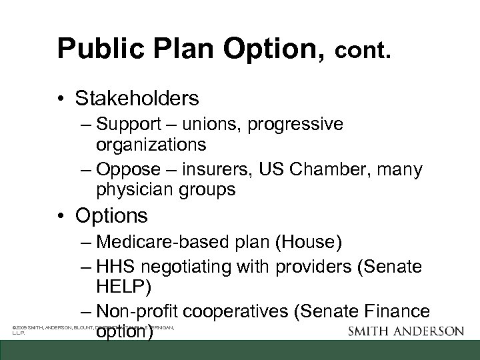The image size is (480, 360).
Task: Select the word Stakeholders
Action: [x=137, y=99]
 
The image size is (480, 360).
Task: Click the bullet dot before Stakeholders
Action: [x=63, y=99]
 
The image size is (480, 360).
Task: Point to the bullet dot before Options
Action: [x=63, y=217]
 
